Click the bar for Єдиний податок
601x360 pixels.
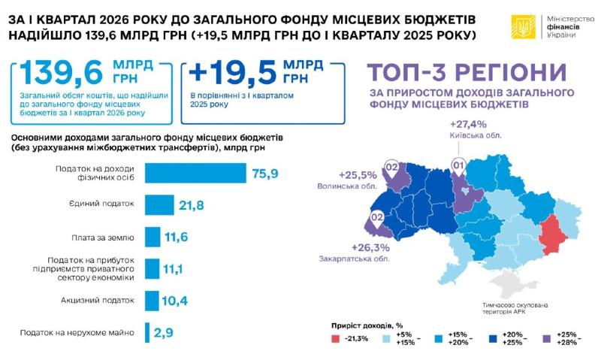tap(159, 204)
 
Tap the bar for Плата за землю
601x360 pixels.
tap(152, 237)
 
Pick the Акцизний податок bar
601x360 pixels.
tap(151, 301)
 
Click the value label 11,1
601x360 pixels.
tap(174, 269)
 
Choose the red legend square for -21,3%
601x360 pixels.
tap(337, 339)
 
